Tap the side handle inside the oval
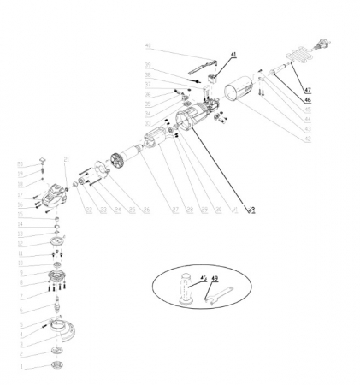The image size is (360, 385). pos(187,289)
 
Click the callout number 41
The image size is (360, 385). pos(231,54)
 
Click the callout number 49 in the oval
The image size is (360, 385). pos(215,280)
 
